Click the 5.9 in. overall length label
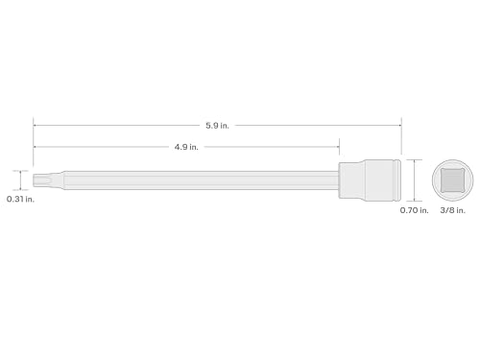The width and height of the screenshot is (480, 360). click(218, 125)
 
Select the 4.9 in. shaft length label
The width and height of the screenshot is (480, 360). click(186, 147)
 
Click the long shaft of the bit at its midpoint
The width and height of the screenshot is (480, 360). click(192, 179)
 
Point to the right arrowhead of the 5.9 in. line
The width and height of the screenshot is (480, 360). click(398, 125)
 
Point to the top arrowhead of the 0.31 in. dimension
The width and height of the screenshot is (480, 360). click(20, 172)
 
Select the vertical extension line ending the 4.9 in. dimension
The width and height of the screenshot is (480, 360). click(339, 154)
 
